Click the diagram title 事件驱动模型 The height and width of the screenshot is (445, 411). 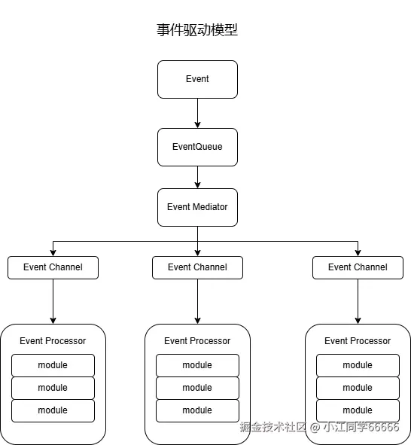(x=197, y=30)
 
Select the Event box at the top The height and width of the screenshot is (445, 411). (x=197, y=79)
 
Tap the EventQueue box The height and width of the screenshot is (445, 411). (x=197, y=147)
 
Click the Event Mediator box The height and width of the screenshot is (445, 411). (x=197, y=207)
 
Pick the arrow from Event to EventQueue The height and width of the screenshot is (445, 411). (x=197, y=113)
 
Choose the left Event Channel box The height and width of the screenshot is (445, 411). (x=53, y=267)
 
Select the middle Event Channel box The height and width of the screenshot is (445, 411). (x=197, y=267)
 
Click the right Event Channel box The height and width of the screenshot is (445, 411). (x=358, y=267)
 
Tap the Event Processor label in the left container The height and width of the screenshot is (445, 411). (x=53, y=341)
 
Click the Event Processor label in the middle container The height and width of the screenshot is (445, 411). (x=197, y=341)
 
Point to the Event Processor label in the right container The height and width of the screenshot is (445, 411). (x=358, y=341)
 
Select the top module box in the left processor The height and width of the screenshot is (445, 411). (x=53, y=365)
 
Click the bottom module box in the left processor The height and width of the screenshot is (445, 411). (x=53, y=410)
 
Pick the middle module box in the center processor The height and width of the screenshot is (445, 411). (x=197, y=388)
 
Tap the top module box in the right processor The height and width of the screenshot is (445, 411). (x=358, y=365)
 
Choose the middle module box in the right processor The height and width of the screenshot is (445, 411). (x=358, y=388)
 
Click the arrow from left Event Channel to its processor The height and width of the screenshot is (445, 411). (x=53, y=301)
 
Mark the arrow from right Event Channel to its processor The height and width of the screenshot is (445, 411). (x=358, y=301)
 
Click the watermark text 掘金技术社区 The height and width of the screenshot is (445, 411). (x=273, y=427)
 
